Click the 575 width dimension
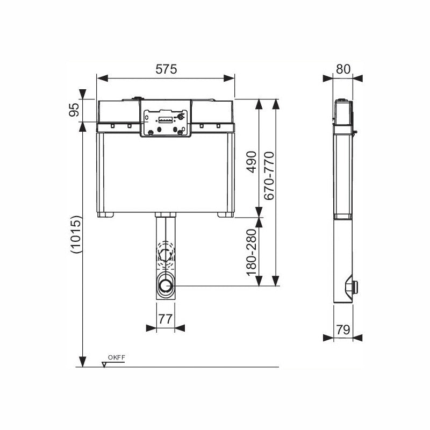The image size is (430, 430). [x=166, y=69]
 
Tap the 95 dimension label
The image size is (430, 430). [x=75, y=110]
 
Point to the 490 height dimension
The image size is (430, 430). [x=250, y=162]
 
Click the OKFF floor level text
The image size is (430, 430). [x=116, y=357]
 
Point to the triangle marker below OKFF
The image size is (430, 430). [x=104, y=364]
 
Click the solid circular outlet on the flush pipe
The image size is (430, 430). [x=166, y=285]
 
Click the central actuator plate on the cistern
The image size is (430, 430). [x=166, y=119]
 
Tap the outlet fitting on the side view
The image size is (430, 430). [x=353, y=287]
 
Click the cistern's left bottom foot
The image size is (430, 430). [x=103, y=214]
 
